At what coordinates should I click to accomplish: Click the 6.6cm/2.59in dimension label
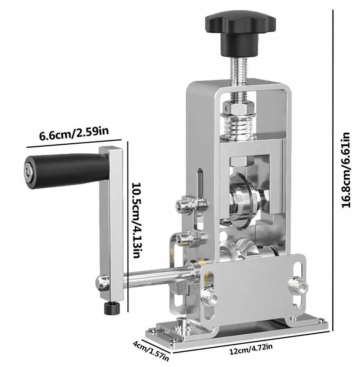point(74,134)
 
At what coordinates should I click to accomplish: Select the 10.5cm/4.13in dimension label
point(136,220)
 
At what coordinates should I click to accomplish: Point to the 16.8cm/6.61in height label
point(346,170)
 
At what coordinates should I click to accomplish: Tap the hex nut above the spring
point(238,108)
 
